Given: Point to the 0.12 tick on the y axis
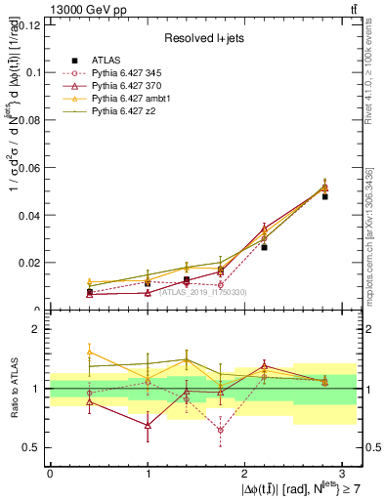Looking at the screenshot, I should click(28, 25).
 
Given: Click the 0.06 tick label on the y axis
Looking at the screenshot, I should click(28, 168).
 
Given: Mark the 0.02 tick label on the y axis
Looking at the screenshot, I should click(28, 263).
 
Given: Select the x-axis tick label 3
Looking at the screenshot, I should click(344, 472).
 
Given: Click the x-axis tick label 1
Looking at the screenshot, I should click(148, 472).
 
